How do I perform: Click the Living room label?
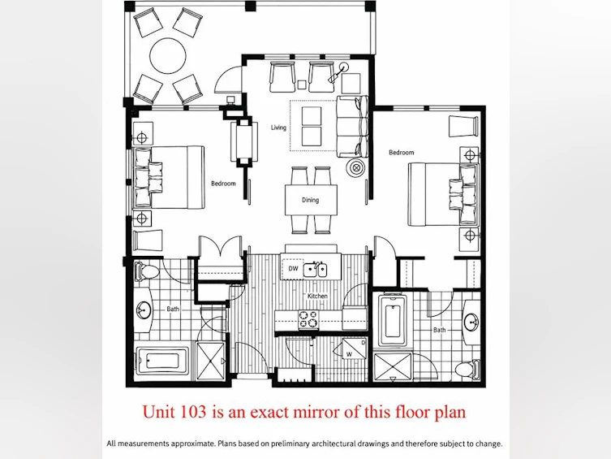[278, 128]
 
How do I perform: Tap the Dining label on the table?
[310, 200]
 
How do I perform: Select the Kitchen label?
[317, 296]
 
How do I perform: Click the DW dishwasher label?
[293, 268]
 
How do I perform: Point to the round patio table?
[168, 55]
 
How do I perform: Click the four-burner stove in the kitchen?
[308, 318]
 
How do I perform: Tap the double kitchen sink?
[316, 269]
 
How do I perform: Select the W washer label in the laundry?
[349, 354]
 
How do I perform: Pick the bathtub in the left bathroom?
[162, 361]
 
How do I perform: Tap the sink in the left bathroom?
[144, 310]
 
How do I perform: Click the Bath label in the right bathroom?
[440, 330]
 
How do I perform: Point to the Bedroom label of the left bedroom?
[223, 184]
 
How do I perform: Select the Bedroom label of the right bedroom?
[402, 153]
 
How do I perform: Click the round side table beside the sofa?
[356, 168]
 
